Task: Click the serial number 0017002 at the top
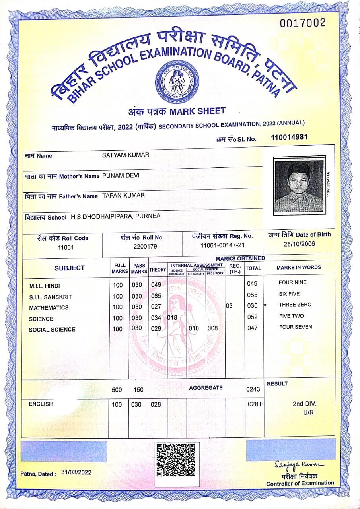coord(302,23)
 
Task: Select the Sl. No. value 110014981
coord(289,138)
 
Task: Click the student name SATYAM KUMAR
coord(126,155)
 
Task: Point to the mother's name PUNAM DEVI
coord(121,175)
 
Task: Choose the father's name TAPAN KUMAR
coord(123,196)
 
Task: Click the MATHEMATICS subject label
coord(49,308)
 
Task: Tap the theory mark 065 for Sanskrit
coord(156,295)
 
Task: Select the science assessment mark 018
coord(172,318)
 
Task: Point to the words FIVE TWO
coord(291,316)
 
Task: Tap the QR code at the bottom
coord(176,460)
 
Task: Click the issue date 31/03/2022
coord(76,472)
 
